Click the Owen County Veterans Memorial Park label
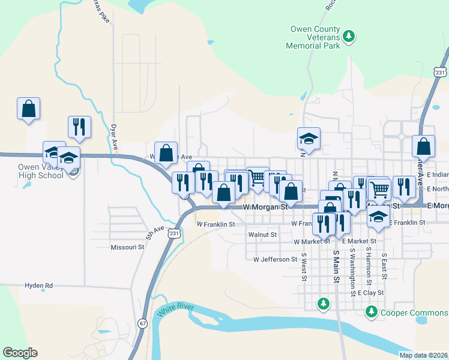point(315,37)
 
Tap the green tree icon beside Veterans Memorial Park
point(349,37)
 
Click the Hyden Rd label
point(39,286)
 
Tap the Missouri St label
point(127,247)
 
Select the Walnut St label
point(262,235)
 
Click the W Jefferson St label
point(276,260)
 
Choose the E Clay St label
point(370,293)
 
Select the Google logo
point(20,353)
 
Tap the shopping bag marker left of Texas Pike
point(28,109)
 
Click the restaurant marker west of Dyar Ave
point(79,127)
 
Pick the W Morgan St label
point(267,207)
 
